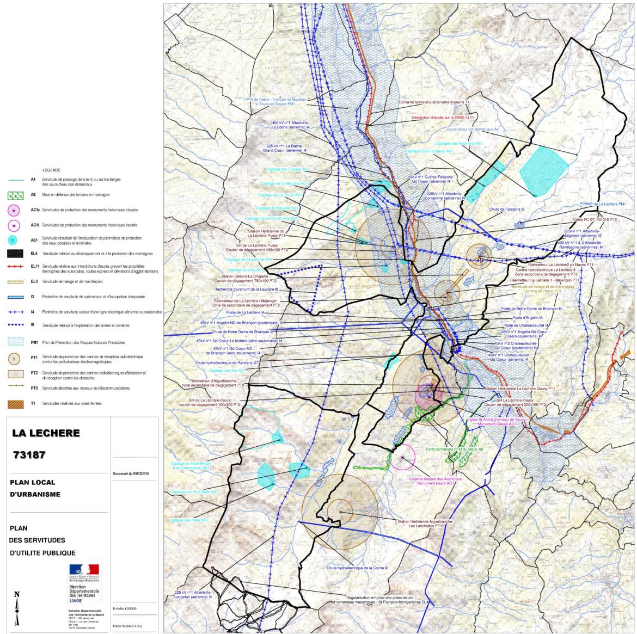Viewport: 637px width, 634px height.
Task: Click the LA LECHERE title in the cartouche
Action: click(46, 433)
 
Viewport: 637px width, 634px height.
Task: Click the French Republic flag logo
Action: click(84, 569)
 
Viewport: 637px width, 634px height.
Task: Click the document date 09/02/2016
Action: click(131, 473)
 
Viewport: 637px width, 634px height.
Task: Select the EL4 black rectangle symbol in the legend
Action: click(20, 254)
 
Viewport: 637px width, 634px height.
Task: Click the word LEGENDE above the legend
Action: click(52, 170)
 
